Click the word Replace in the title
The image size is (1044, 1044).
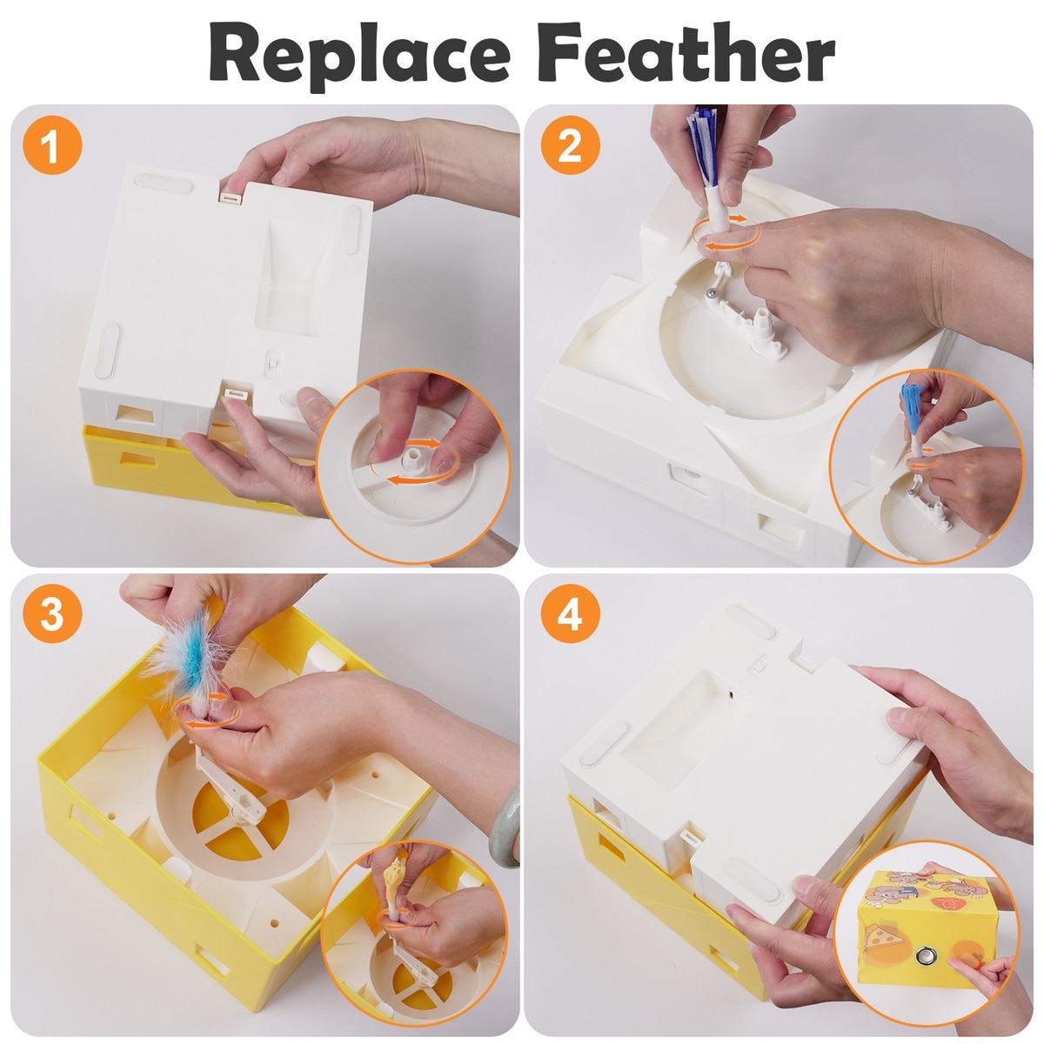[x=359, y=57]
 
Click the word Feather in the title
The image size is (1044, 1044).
[x=686, y=53]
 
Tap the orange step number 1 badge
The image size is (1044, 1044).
[x=52, y=145]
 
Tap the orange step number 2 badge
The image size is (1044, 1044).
[x=570, y=145]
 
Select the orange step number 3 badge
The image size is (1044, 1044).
[x=52, y=614]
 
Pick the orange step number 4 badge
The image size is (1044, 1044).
[x=570, y=614]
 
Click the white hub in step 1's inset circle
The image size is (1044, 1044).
[x=414, y=460]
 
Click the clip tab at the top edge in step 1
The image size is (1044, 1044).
[x=231, y=197]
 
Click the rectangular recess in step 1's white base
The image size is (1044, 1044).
[x=295, y=279]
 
